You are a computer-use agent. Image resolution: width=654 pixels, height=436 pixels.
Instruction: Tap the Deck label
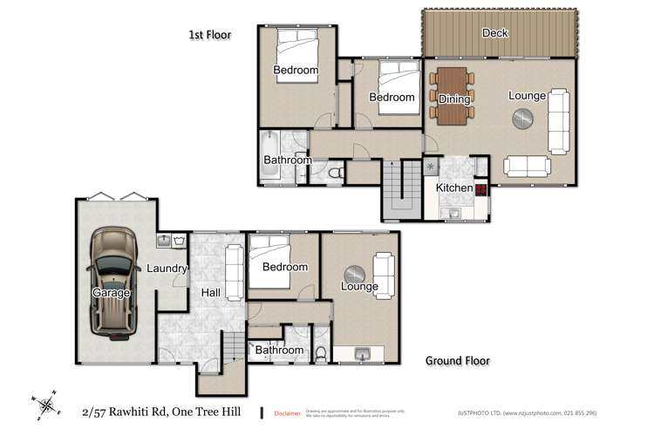point(495,33)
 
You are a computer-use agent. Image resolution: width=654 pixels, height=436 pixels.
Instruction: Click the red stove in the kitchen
point(480,187)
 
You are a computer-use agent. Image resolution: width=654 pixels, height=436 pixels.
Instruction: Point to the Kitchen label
point(453,187)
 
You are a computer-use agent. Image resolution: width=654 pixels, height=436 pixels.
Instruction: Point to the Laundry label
point(167,269)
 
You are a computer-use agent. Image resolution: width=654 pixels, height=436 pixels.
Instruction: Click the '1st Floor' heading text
point(212,35)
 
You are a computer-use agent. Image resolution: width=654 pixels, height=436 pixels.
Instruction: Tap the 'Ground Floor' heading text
point(457,360)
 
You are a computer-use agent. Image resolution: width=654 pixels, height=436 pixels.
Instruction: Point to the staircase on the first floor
point(401,187)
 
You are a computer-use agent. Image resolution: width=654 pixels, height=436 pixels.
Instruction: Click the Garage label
point(111,293)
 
